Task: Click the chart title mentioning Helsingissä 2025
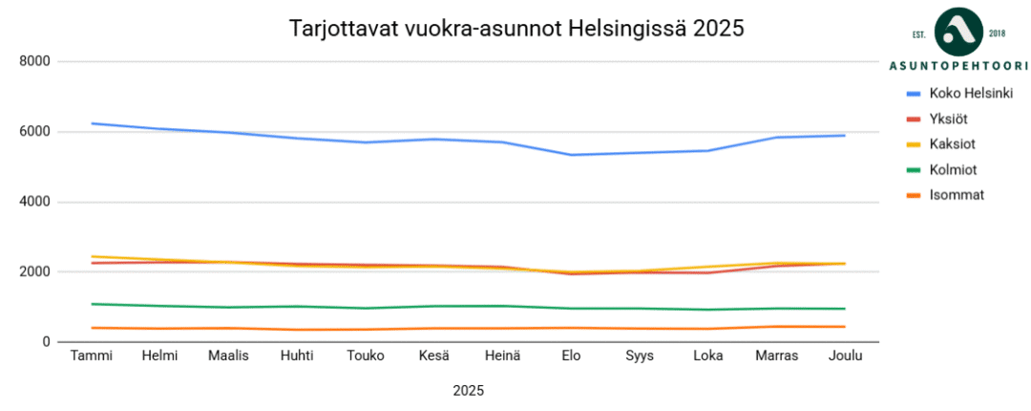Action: (x=515, y=29)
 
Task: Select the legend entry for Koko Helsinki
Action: (x=971, y=94)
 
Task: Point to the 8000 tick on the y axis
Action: (x=36, y=61)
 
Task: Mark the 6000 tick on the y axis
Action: (x=36, y=132)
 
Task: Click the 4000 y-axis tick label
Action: (x=36, y=202)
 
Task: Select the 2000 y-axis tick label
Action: (x=36, y=272)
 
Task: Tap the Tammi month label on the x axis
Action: (x=92, y=357)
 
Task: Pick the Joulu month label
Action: (x=845, y=357)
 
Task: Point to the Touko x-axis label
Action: (x=367, y=357)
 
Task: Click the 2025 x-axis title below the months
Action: (x=468, y=391)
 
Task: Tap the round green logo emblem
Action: (x=958, y=32)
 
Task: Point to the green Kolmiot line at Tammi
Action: (x=92, y=304)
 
